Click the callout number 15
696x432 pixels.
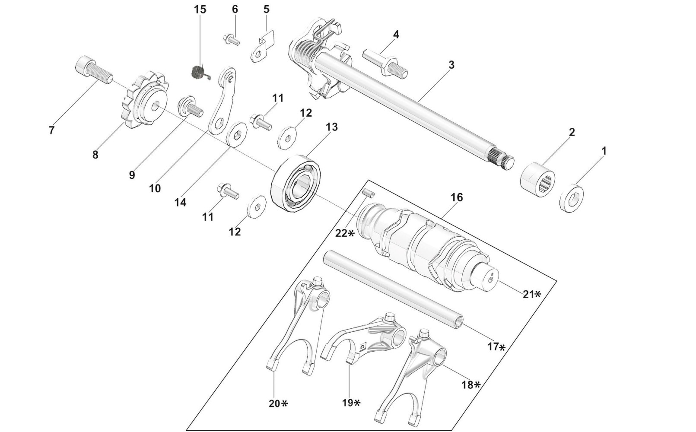pyautogui.click(x=200, y=10)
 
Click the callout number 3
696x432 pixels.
pyautogui.click(x=451, y=65)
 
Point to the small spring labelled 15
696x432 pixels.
pyautogui.click(x=199, y=71)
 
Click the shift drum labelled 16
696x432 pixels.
pyautogui.click(x=432, y=240)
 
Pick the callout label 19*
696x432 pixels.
pyautogui.click(x=351, y=403)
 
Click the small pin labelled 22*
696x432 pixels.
pyautogui.click(x=369, y=193)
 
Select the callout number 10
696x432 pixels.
pyautogui.click(x=155, y=188)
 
